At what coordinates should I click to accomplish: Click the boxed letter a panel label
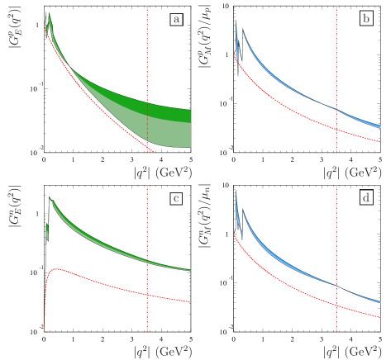coord(176,19)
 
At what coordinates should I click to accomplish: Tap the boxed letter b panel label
coord(366,19)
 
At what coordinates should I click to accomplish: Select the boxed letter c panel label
coord(176,198)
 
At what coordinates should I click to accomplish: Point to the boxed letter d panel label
coord(366,198)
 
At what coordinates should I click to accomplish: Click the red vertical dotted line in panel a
coord(148,50)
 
